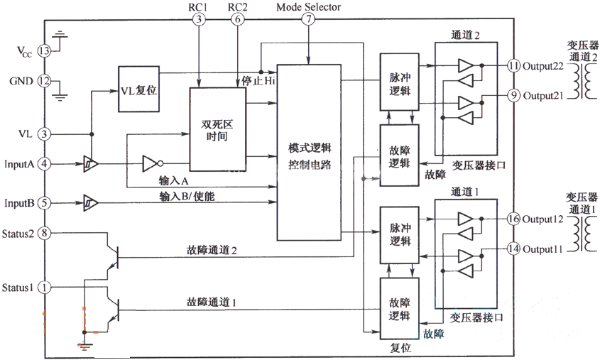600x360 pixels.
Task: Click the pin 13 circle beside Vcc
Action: coord(45,51)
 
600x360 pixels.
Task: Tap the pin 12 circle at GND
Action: coord(45,80)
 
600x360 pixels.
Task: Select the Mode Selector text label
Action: coord(307,7)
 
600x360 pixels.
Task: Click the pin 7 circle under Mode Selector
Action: coord(307,20)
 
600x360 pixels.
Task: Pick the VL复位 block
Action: coord(138,89)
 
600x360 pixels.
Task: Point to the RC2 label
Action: coord(237,7)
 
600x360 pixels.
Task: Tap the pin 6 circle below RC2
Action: coord(237,20)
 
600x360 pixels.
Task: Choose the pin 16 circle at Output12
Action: coord(514,219)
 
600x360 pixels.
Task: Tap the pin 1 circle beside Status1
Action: coord(45,288)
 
